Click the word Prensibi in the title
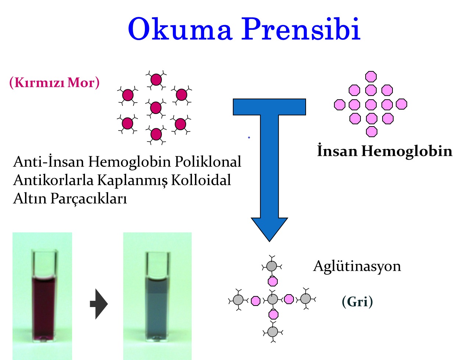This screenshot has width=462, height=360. tap(301, 29)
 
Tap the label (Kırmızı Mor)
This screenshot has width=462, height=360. tap(54, 83)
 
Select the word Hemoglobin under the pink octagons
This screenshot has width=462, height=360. tap(407, 151)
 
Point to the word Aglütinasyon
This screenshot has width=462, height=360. tap(357, 266)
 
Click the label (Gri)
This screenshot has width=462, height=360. tap(358, 302)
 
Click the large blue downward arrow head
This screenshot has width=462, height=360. tap(269, 229)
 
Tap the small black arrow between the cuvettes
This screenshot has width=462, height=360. tap(99, 304)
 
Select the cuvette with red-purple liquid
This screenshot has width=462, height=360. tap(44, 296)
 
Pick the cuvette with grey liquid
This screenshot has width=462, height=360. tap(158, 296)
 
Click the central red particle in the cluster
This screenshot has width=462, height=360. tap(156, 108)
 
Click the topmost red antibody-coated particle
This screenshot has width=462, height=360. tap(156, 79)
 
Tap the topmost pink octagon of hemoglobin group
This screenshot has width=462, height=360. tap(371, 76)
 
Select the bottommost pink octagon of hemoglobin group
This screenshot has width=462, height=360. tap(372, 132)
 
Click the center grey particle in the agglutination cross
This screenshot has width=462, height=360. tap(273, 299)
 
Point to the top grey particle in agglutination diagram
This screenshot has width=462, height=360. tap(272, 266)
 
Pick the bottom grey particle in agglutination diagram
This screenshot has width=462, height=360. tap(273, 332)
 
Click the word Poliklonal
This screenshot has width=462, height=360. tap(208, 162)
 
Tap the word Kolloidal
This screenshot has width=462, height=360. tap(201, 180)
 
